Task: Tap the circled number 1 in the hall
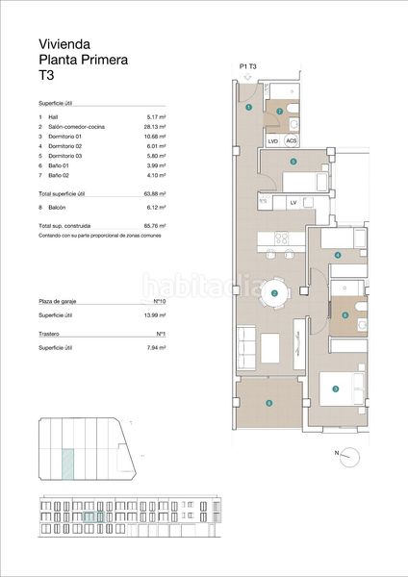pyautogui.click(x=248, y=108)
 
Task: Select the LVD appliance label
pyautogui.click(x=273, y=141)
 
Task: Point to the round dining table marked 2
pyautogui.click(x=275, y=293)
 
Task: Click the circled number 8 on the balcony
pyautogui.click(x=269, y=402)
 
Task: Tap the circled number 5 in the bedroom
pyautogui.click(x=293, y=163)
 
